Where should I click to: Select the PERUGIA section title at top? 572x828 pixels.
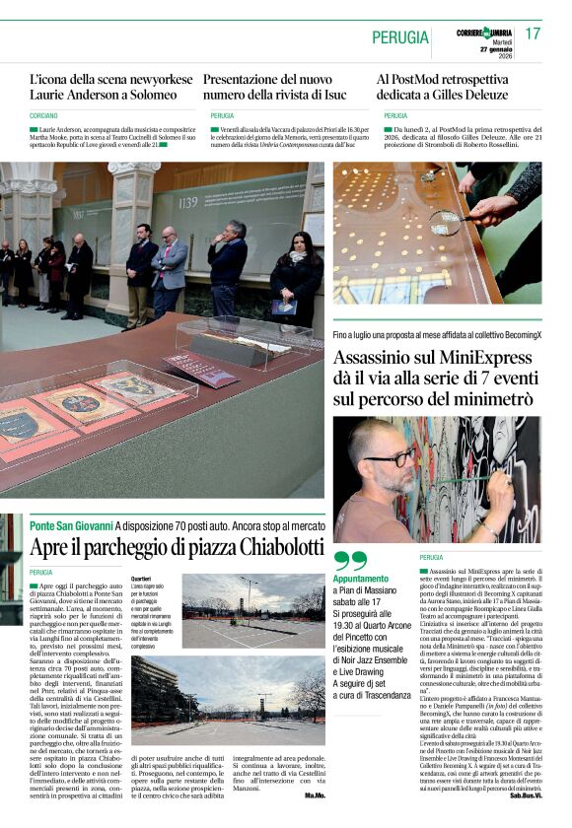(x=400, y=37)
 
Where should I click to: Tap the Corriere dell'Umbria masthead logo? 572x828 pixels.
(x=484, y=31)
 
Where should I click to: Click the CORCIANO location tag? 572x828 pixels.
(x=44, y=116)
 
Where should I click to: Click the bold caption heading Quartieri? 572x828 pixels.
(x=141, y=579)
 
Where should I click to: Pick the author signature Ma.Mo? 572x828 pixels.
(x=314, y=794)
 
